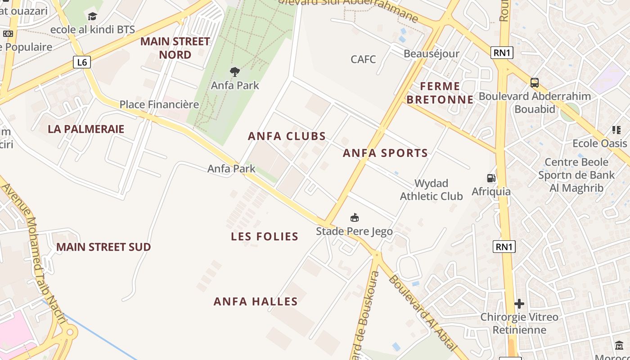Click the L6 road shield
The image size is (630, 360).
click(82, 62)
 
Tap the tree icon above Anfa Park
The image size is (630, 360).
click(235, 72)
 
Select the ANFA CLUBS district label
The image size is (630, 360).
click(287, 136)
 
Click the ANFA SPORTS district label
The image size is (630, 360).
click(385, 153)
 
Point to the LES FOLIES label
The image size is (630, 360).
click(265, 237)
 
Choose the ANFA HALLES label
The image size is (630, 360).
click(256, 301)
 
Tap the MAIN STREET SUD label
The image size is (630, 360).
click(103, 247)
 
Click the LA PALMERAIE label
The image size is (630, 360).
click(86, 129)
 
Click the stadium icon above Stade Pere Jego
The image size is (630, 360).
click(355, 218)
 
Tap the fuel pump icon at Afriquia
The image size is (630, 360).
click(491, 178)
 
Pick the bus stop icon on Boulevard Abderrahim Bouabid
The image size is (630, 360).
click(535, 83)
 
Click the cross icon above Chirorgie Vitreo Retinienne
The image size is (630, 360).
click(519, 304)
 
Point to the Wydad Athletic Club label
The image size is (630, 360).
click(431, 189)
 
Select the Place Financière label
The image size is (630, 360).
click(159, 104)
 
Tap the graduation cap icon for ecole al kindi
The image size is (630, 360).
click(93, 17)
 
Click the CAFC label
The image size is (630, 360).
click(363, 59)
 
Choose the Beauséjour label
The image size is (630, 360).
click(432, 54)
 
